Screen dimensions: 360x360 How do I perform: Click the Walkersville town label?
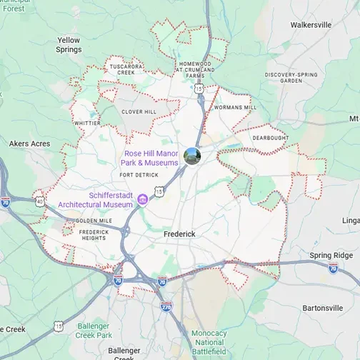click(311, 24)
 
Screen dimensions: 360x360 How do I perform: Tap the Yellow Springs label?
click(69, 45)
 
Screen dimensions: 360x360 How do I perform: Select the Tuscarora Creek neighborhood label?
click(121, 69)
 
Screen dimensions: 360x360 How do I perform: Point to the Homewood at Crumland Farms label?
click(196, 69)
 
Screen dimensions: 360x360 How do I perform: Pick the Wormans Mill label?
click(235, 107)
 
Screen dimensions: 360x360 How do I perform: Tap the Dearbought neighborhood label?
click(271, 137)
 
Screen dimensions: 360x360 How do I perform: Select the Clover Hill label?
click(139, 112)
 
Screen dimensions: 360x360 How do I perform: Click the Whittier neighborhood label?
click(87, 123)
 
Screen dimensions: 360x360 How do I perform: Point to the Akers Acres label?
click(29, 144)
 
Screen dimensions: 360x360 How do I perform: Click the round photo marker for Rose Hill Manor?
click(191, 156)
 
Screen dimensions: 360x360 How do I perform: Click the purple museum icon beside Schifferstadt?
click(143, 198)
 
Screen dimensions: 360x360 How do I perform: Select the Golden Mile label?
click(94, 221)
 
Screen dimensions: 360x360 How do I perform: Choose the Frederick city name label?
click(179, 234)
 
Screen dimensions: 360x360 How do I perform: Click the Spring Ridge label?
click(331, 255)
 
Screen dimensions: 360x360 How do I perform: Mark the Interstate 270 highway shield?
click(166, 306)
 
